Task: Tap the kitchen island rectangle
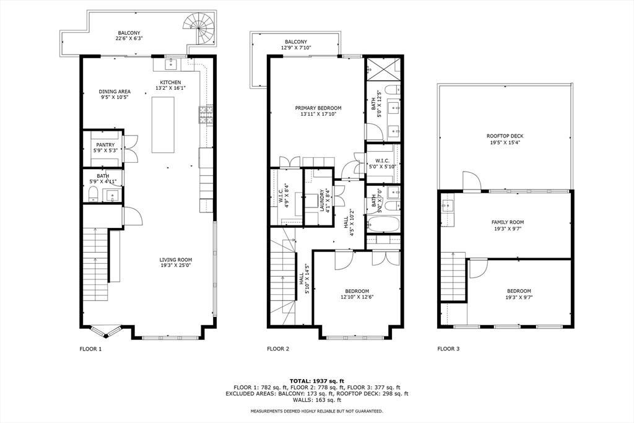[163, 124]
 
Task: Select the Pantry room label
[105, 145]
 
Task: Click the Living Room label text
[176, 260]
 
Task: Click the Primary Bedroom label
[318, 108]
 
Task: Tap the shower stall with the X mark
[383, 69]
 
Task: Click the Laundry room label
[322, 200]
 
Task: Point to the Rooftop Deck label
[505, 136]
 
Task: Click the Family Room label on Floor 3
[508, 222]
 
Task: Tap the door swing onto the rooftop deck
[471, 181]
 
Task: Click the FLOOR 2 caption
[278, 349]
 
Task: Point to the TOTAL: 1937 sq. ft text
[316, 380]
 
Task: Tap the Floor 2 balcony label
[296, 42]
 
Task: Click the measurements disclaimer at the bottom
[316, 411]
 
